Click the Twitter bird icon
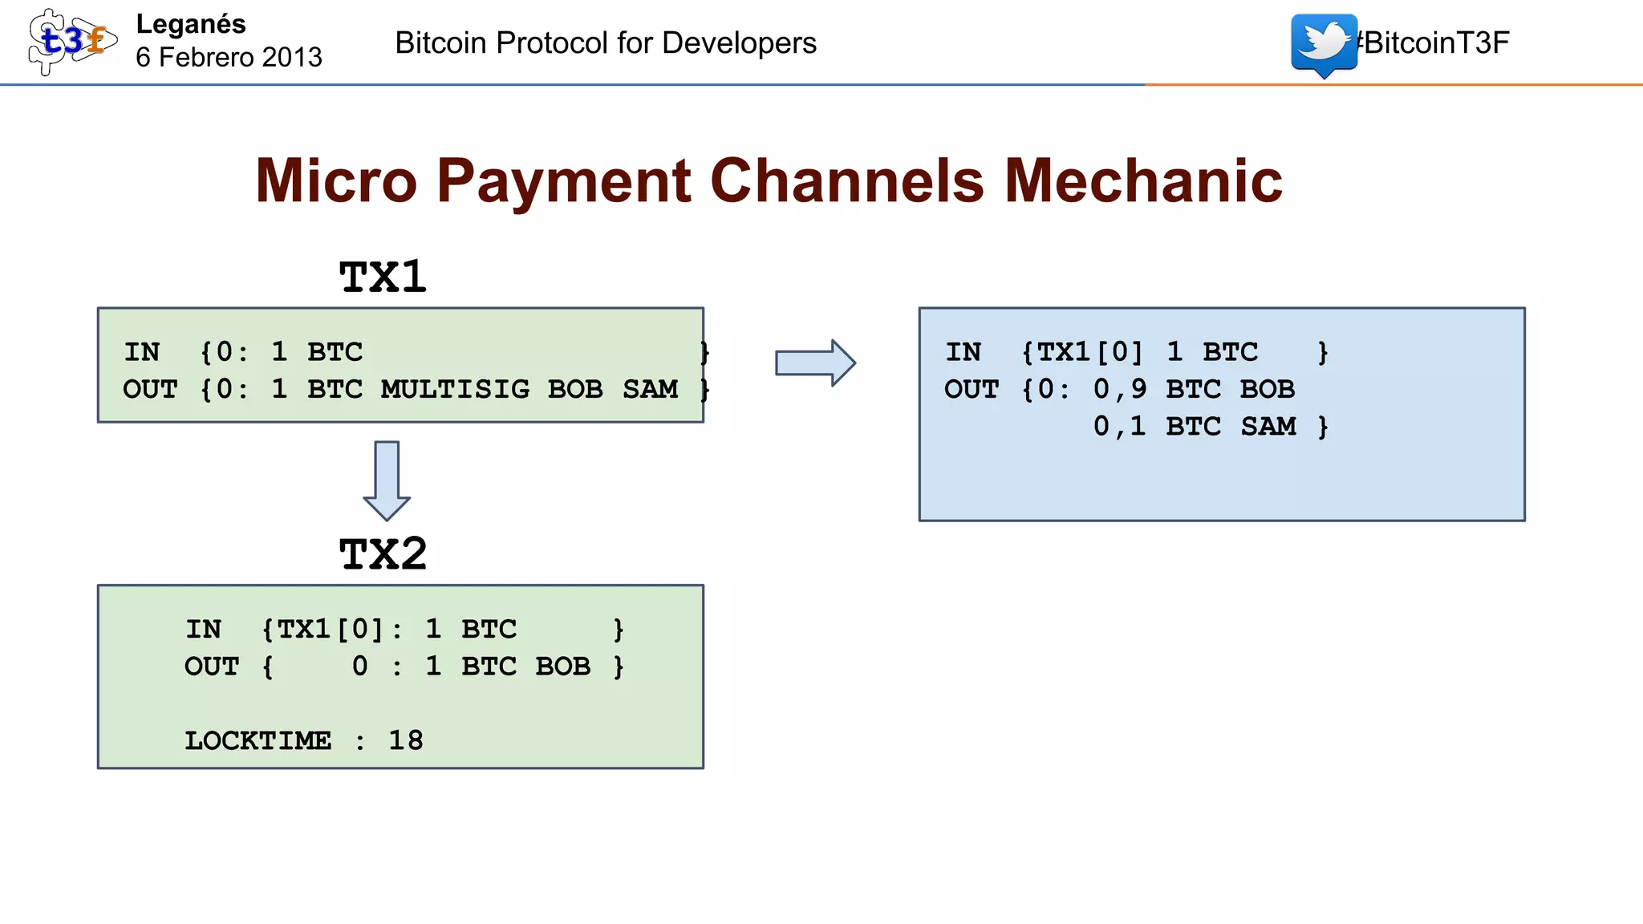click(x=1324, y=43)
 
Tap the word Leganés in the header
click(x=191, y=24)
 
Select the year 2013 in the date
click(x=292, y=58)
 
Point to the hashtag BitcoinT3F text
click(x=1434, y=43)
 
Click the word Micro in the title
click(x=336, y=181)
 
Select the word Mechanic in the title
click(x=1143, y=181)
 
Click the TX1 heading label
click(x=383, y=278)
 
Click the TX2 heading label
click(x=383, y=554)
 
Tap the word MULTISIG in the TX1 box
click(x=455, y=389)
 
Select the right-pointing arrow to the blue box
click(x=815, y=363)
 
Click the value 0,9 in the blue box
click(x=1120, y=389)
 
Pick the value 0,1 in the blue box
click(x=1120, y=426)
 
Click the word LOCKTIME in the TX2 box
click(x=258, y=740)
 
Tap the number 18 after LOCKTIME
click(x=406, y=740)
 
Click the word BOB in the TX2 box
click(x=563, y=667)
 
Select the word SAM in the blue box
click(x=1268, y=426)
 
